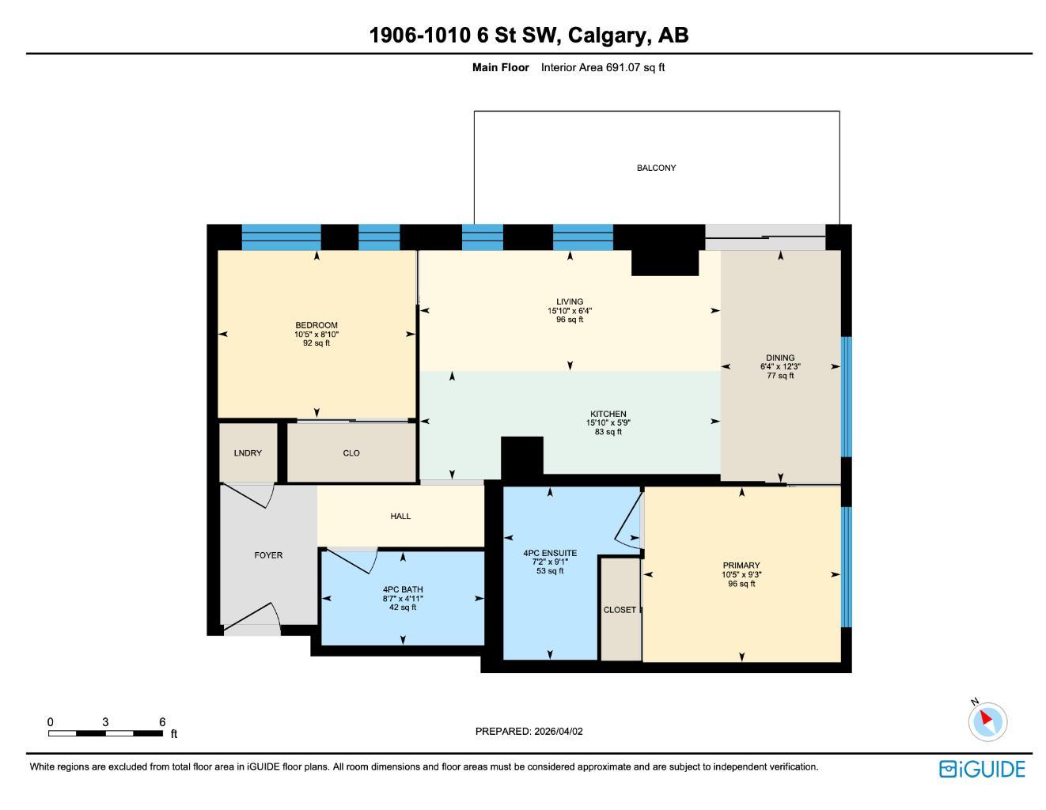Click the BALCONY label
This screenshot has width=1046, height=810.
(x=656, y=168)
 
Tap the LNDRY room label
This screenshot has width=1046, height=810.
(x=248, y=453)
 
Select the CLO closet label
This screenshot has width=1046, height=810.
(x=351, y=453)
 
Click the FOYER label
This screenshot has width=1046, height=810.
(x=268, y=555)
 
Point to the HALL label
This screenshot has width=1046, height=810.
(x=400, y=517)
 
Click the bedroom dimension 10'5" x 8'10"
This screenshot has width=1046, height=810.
(x=316, y=335)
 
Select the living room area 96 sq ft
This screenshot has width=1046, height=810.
(x=570, y=320)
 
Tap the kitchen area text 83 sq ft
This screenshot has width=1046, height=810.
(x=608, y=432)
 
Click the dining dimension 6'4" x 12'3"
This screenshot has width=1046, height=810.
(x=780, y=367)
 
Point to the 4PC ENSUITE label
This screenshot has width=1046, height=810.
(x=550, y=554)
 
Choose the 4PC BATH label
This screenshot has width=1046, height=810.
(x=403, y=589)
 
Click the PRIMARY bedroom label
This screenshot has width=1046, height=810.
(x=741, y=566)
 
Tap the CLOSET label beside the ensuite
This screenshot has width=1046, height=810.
(x=620, y=610)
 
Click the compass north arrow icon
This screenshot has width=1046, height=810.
(x=987, y=721)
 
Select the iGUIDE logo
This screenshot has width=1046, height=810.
(x=982, y=769)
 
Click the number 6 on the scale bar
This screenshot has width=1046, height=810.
(x=162, y=722)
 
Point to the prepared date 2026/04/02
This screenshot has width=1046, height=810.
(x=558, y=732)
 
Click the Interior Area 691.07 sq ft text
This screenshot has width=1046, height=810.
(x=602, y=67)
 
